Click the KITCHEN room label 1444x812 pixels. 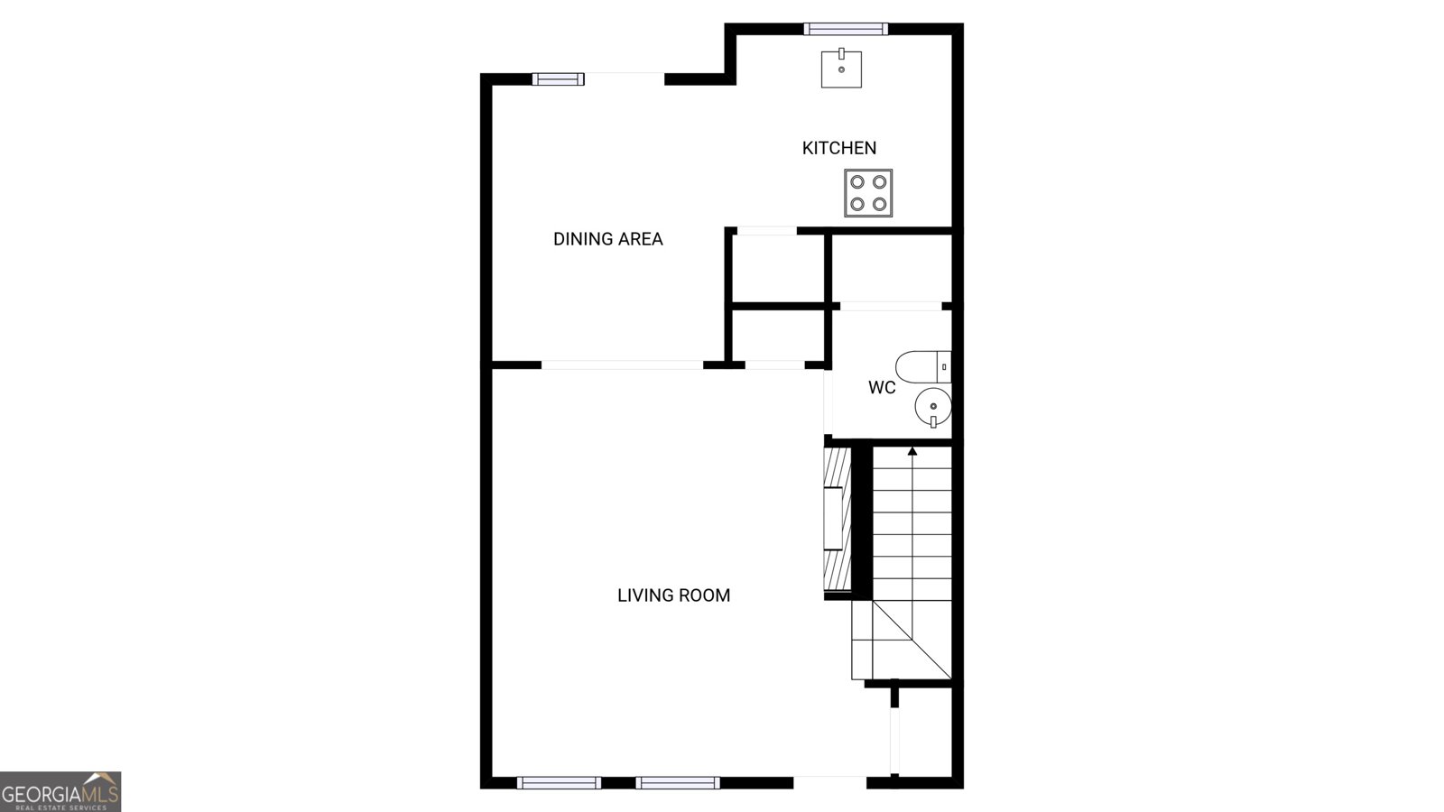[x=838, y=148]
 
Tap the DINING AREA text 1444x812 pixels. [x=607, y=239]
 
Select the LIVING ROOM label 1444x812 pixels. [x=673, y=595]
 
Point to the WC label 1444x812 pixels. [x=882, y=388]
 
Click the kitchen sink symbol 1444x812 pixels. [x=841, y=69]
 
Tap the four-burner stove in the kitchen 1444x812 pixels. [x=868, y=193]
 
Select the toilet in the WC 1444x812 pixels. [x=921, y=366]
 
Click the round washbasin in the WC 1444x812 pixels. [x=932, y=407]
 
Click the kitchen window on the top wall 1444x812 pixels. [x=846, y=29]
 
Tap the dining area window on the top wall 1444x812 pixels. [x=558, y=79]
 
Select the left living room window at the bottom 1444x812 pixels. [x=559, y=782]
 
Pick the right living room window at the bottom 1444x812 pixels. [x=677, y=782]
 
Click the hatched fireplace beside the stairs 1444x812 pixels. [x=838, y=519]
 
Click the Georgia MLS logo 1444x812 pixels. [x=60, y=791]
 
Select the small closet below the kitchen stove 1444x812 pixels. [x=891, y=268]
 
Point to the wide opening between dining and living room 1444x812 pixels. [x=622, y=364]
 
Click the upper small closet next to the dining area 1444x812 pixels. [x=776, y=268]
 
